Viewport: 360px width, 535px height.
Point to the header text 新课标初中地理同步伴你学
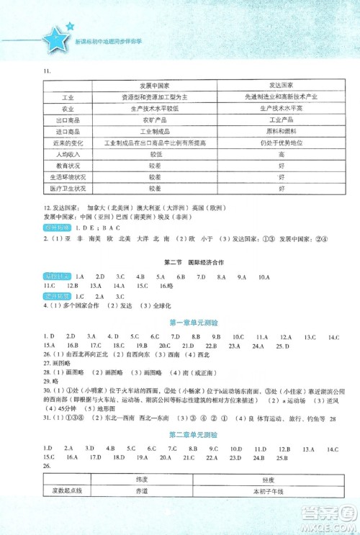click(102, 42)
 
